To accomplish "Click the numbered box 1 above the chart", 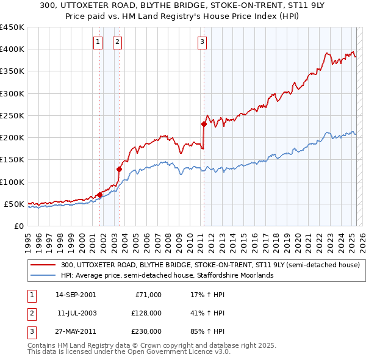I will click(98, 42).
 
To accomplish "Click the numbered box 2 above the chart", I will click(117, 42).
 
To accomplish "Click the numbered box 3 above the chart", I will click(201, 42).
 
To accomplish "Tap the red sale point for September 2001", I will click(99, 195).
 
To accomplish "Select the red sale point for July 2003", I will click(119, 169).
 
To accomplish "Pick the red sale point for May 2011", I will click(204, 124).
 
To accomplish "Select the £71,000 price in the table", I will click(148, 295).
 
